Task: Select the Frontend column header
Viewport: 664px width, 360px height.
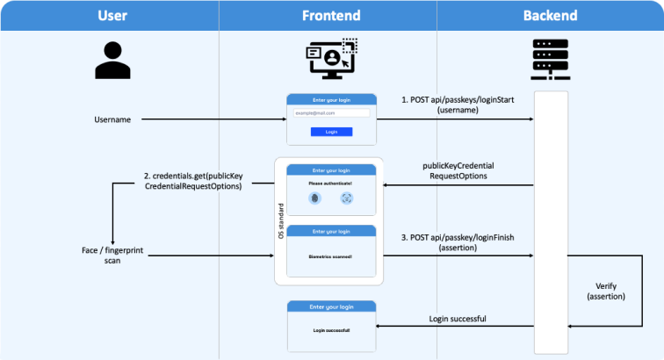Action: [x=330, y=15]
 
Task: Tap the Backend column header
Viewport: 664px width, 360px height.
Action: [x=551, y=15]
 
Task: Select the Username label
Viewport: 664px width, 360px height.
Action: [x=112, y=119]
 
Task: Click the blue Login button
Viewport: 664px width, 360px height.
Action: [x=331, y=132]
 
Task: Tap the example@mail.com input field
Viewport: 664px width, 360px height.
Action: [x=331, y=112]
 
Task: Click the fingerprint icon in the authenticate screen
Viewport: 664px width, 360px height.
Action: [x=315, y=198]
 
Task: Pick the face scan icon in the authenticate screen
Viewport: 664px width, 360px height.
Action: [x=347, y=198]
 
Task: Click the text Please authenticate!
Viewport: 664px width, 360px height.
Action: [x=330, y=183]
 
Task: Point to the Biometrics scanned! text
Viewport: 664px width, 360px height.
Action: [x=331, y=256]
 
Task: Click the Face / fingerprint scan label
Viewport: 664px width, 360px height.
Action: [x=112, y=256]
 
